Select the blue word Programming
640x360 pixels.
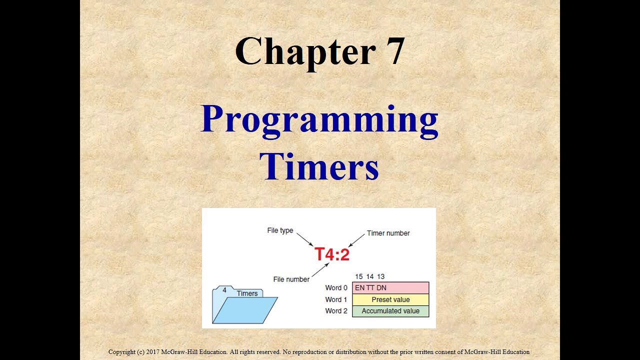319,120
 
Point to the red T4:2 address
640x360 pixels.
332,254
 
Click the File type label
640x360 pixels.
280,230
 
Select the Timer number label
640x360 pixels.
388,233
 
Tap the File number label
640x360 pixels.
291,279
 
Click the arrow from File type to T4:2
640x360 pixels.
304,239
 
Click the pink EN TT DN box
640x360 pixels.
390,288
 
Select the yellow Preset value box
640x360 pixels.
390,299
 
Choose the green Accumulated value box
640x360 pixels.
390,311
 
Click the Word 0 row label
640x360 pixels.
336,288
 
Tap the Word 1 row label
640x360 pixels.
336,299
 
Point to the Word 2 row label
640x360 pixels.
336,311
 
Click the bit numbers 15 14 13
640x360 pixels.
369,276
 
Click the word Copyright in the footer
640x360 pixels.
122,352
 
